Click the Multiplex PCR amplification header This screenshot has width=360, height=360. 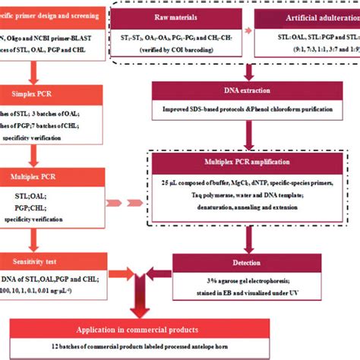pyautogui.click(x=248, y=162)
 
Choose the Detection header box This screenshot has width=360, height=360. pyautogui.click(x=248, y=260)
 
